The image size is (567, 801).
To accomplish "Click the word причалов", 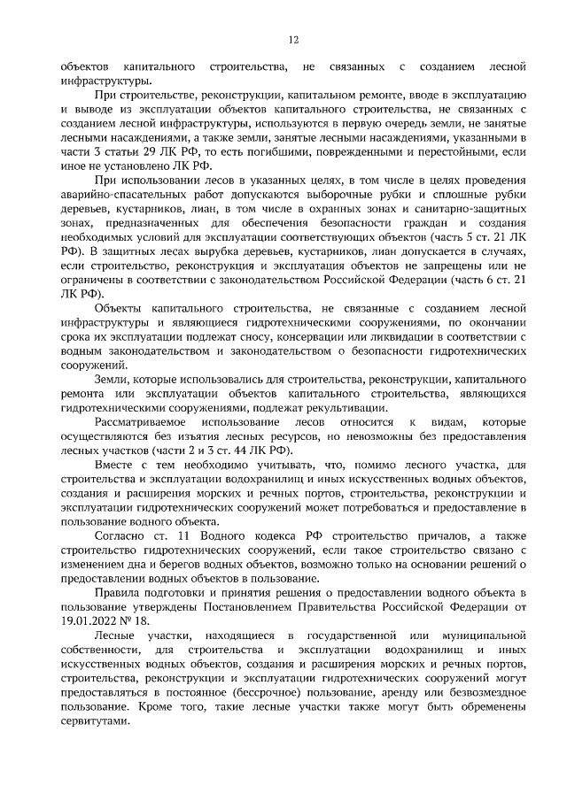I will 391,537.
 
